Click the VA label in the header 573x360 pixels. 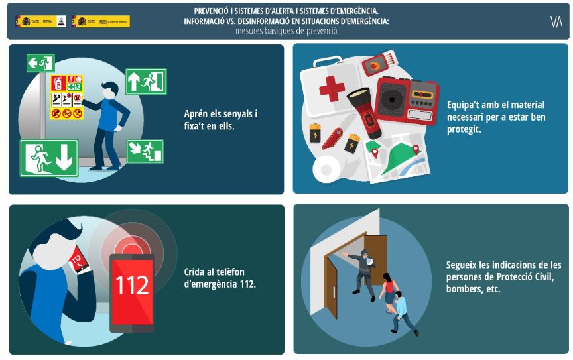tap(556, 22)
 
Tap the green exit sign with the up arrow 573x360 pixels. tap(146, 82)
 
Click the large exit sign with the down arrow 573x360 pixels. tap(49, 158)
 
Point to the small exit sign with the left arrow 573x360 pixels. tap(40, 64)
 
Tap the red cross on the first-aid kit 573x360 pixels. tap(332, 88)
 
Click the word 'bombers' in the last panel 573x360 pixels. tap(464, 290)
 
